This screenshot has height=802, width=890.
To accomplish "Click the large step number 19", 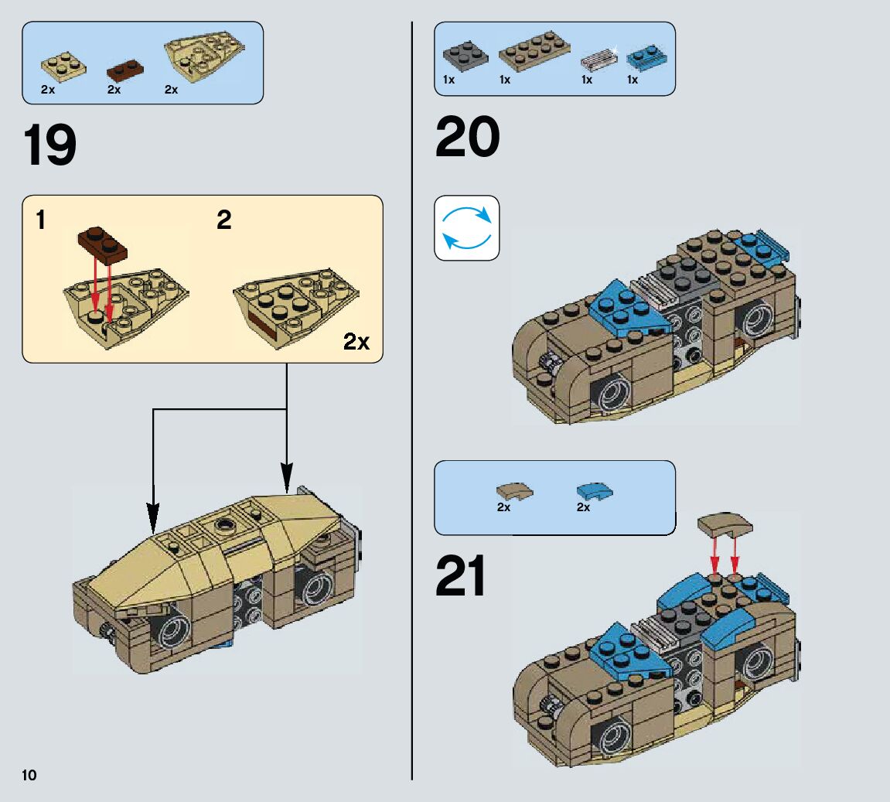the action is [x=50, y=145].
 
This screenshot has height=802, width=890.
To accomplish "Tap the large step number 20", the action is [x=467, y=138].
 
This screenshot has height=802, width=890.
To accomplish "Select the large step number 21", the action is [x=461, y=577].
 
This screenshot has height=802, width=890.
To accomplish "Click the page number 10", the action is [x=29, y=775].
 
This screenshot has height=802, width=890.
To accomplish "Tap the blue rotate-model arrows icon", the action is [x=466, y=227].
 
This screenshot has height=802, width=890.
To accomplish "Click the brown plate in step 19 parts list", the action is [x=124, y=69].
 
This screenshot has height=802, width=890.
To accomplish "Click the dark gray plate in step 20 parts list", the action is [x=464, y=56].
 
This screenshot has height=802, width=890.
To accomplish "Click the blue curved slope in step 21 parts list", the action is [x=594, y=490].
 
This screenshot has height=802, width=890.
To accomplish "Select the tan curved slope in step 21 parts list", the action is [x=514, y=490].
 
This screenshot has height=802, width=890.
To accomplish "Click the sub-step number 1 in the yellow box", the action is [x=40, y=221].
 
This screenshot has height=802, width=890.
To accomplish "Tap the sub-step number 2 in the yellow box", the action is [x=223, y=221].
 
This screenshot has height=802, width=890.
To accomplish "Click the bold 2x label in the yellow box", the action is [x=356, y=341].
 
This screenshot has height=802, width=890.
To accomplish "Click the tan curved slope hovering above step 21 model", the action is [x=724, y=526].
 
